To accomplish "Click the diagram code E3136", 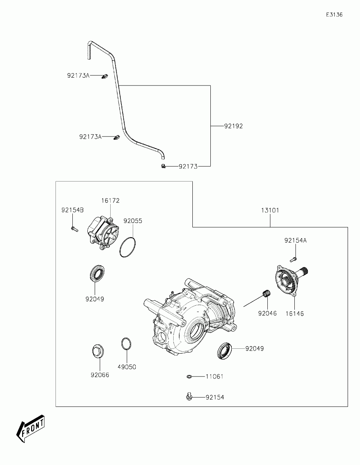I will coord(334,15).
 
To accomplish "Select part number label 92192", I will coord(234,126).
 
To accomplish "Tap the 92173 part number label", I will coord(188,166).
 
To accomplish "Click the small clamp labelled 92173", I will coord(163,166).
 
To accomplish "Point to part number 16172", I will coord(110,201).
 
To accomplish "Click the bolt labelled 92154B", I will coord(74,228).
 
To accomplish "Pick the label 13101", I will coord(270,210).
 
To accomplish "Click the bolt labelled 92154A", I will coord(293,258).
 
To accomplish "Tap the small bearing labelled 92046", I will coord(267,294).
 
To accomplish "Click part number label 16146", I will coord(294,313).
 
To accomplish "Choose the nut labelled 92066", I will coord(97,352).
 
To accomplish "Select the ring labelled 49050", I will coord(126,344).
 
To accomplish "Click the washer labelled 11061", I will coord(190,376).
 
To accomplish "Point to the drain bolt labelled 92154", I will coord(189,396).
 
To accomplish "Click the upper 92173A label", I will coord(78,76).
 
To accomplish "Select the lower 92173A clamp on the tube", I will coord(116,138).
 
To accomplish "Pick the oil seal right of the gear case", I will coord(225,350).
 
